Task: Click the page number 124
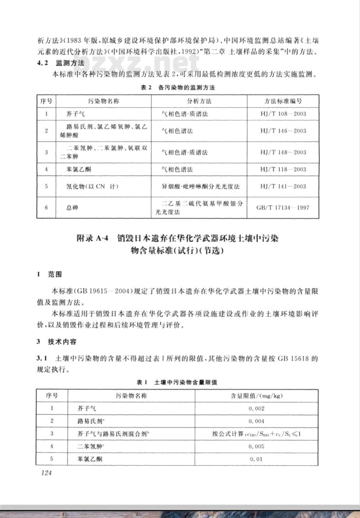click(x=46, y=473)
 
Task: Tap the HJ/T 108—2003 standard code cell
click(x=283, y=114)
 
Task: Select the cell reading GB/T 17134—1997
click(x=283, y=207)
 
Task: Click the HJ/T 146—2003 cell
click(x=283, y=131)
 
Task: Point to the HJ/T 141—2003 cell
click(x=283, y=186)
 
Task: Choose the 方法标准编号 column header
click(x=283, y=101)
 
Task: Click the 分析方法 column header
click(x=199, y=101)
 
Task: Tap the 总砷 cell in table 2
click(x=72, y=208)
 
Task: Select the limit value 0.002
click(x=256, y=408)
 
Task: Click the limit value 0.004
click(x=256, y=421)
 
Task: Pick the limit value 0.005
click(x=256, y=446)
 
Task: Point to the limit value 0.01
click(x=256, y=459)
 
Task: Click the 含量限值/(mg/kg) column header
click(x=256, y=396)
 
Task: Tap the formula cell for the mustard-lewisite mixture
click(x=256, y=434)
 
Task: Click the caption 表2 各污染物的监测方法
click(x=177, y=88)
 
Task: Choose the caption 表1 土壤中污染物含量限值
click(x=176, y=382)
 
